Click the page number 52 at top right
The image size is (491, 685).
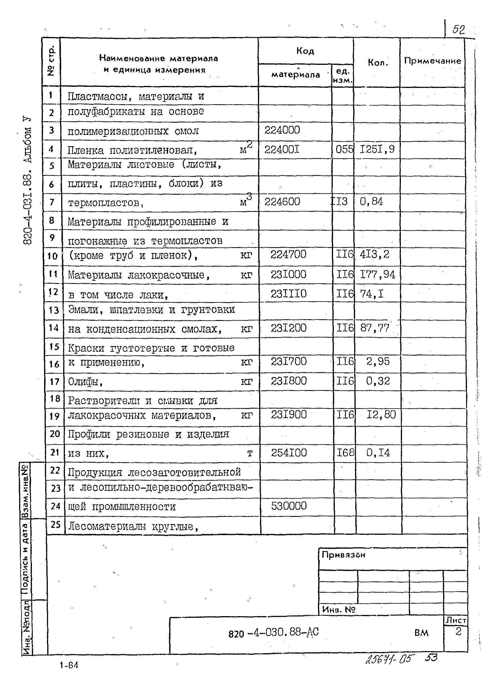click(458, 30)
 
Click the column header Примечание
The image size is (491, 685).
click(432, 61)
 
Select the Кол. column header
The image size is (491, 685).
click(378, 63)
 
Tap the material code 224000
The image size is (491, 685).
click(282, 130)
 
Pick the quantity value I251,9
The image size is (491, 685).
click(377, 149)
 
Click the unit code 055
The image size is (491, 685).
click(344, 149)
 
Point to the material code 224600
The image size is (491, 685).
click(282, 202)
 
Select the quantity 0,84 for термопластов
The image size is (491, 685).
click(371, 201)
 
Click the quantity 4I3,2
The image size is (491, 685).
click(374, 254)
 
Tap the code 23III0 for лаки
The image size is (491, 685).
click(288, 294)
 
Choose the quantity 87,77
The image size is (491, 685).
click(374, 328)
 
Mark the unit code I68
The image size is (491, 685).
click(345, 453)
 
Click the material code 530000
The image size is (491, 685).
click(289, 506)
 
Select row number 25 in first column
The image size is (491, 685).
click(56, 524)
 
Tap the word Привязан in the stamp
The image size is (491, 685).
click(343, 554)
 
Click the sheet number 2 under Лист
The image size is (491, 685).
click(458, 631)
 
